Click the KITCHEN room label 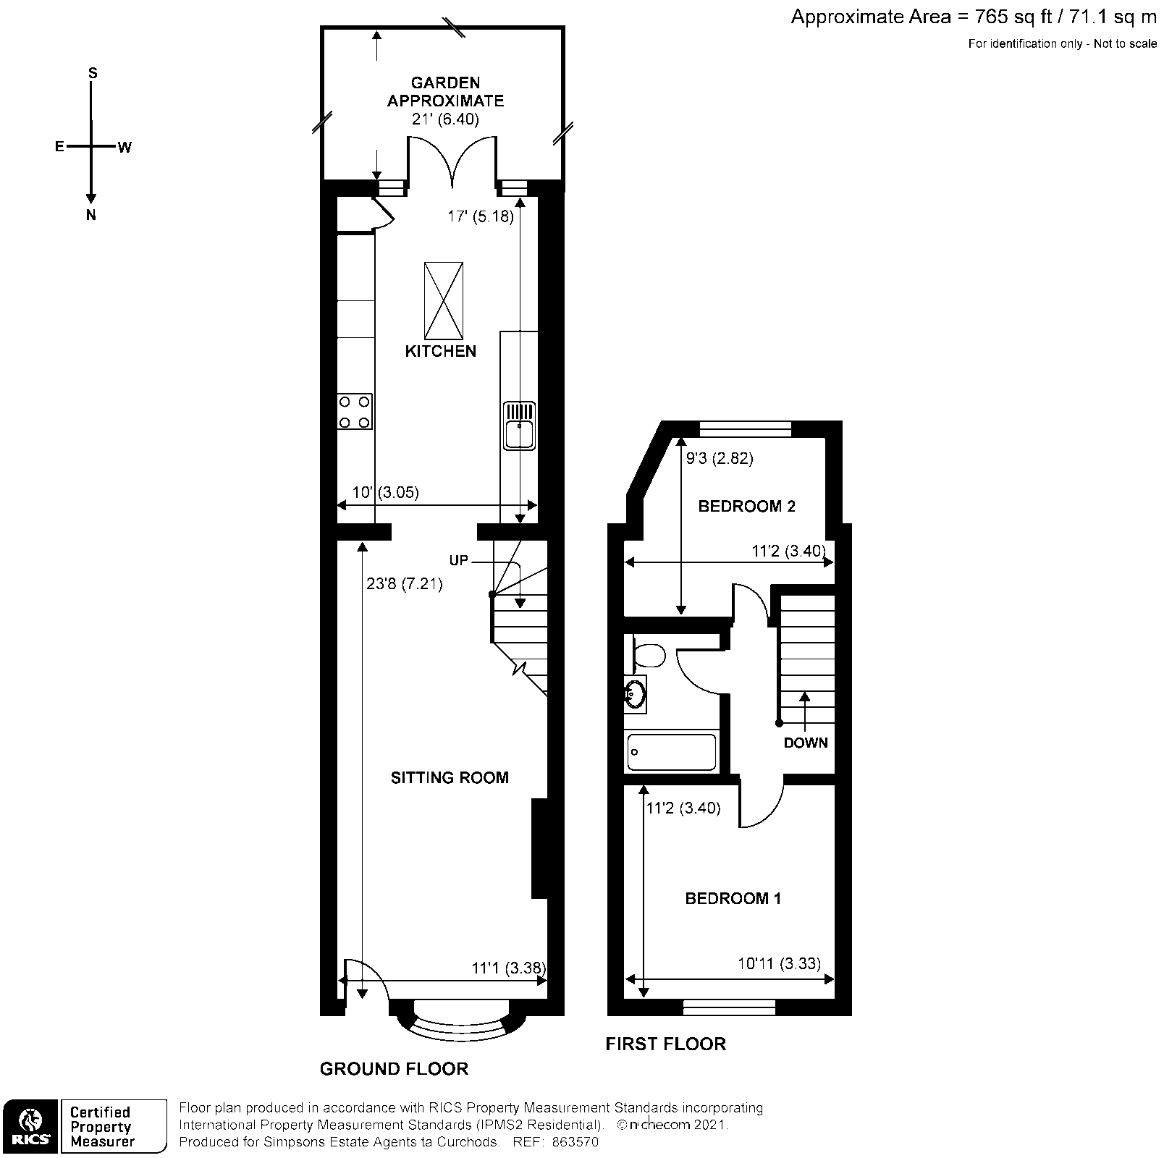click(440, 352)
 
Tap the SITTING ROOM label click(450, 778)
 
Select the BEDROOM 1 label click(733, 899)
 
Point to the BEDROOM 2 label click(746, 507)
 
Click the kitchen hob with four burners click(355, 412)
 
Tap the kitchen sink click(520, 426)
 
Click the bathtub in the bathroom click(671, 752)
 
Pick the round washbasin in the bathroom click(636, 694)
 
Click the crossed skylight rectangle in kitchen click(444, 300)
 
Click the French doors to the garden click(452, 161)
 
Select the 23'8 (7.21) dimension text click(404, 583)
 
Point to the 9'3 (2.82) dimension click(720, 458)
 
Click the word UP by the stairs click(458, 560)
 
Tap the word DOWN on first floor click(805, 743)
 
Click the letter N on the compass click(91, 215)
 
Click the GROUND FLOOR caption click(394, 1069)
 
